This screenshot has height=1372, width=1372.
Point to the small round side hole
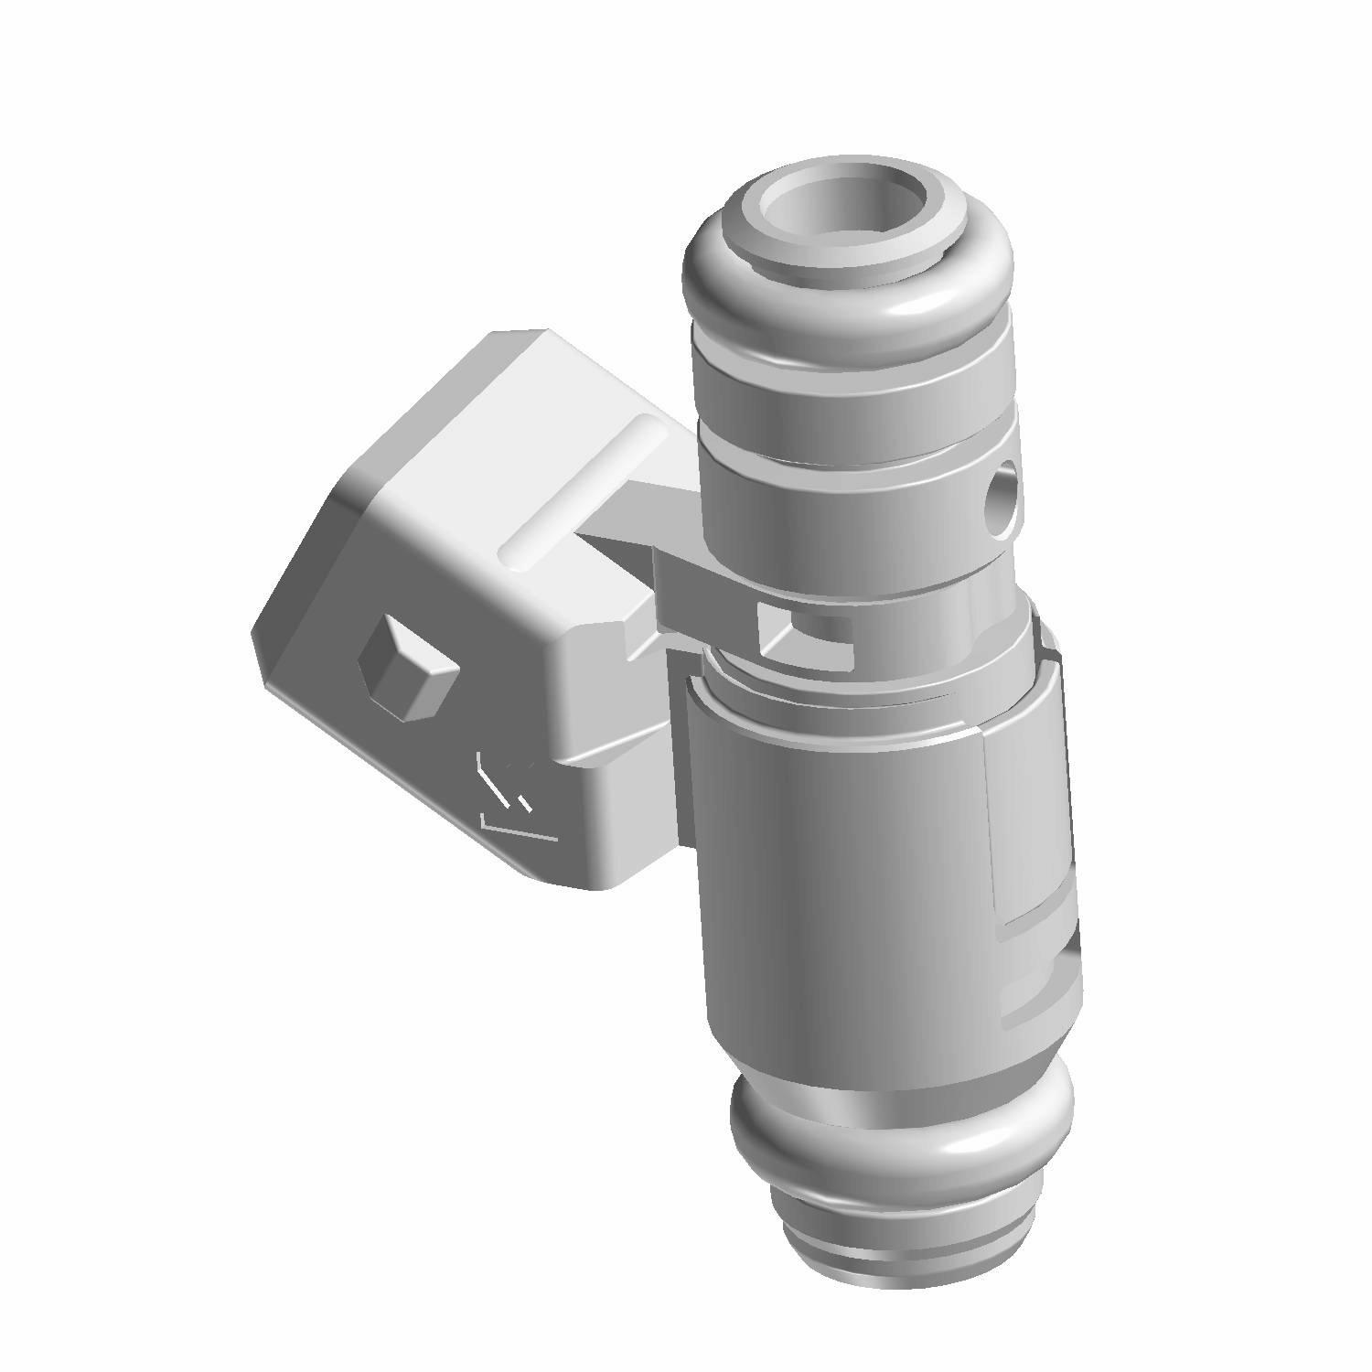(x=1003, y=494)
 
